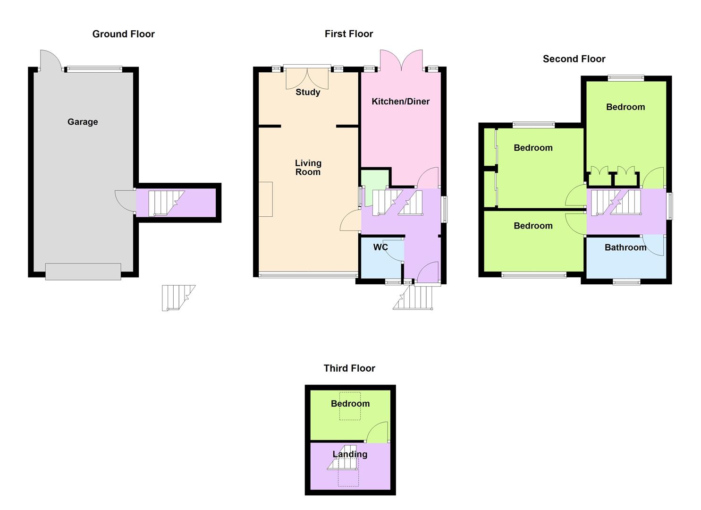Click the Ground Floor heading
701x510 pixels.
click(123, 34)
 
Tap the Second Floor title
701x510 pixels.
click(574, 59)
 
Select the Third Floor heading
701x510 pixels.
click(349, 368)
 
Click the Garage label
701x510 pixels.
click(83, 122)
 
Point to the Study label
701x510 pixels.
click(308, 93)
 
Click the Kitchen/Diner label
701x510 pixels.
click(401, 102)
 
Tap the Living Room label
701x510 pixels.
click(308, 168)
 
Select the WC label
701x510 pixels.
click(380, 247)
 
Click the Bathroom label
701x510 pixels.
click(625, 247)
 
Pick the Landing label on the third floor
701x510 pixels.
click(350, 454)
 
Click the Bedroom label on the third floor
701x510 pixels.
click(350, 404)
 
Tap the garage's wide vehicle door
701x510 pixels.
click(83, 272)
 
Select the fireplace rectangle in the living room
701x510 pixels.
click(266, 199)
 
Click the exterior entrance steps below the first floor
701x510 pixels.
click(413, 297)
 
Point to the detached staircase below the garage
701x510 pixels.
click(178, 297)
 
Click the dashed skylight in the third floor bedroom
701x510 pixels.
click(350, 406)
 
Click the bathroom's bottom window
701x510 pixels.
click(626, 282)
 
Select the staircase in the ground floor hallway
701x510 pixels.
click(166, 203)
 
